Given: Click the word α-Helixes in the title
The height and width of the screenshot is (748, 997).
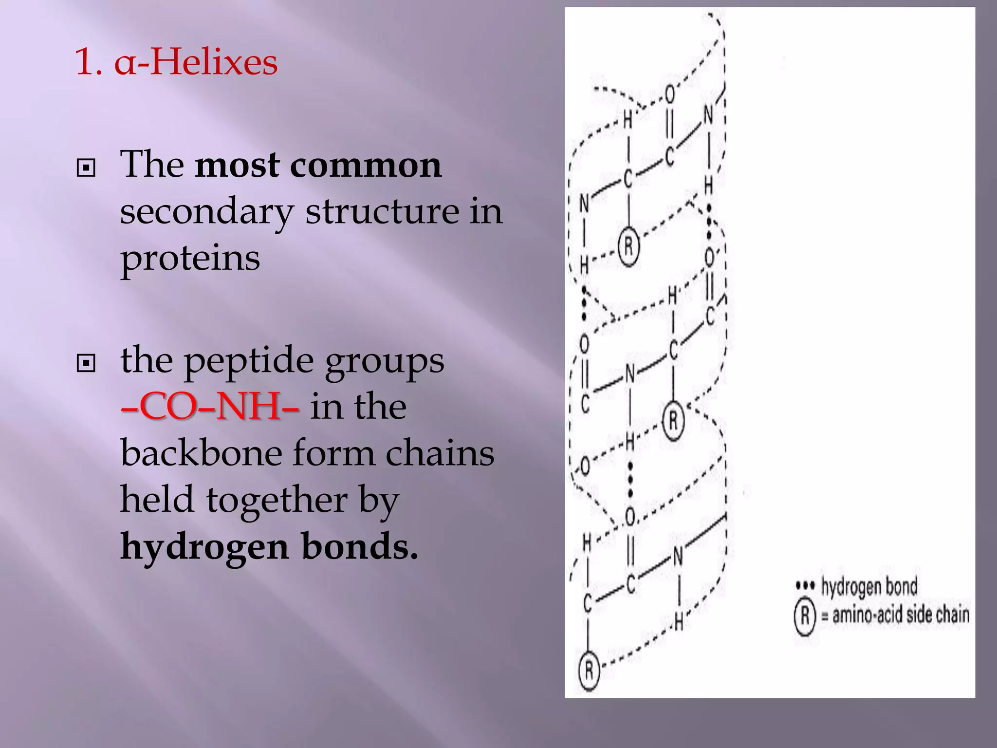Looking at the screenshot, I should coord(196,63).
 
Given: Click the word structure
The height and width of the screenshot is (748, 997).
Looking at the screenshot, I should coord(382,212).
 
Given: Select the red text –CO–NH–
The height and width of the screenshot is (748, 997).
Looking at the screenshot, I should coord(210,407).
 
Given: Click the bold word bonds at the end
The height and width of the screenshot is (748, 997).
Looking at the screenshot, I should coord(360,547).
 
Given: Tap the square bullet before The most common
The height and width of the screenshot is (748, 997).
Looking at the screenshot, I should coord(86,168).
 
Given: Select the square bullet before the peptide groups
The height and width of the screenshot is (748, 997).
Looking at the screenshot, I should coord(86,363).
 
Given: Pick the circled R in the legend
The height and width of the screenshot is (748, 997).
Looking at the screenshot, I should coord(805,616).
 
